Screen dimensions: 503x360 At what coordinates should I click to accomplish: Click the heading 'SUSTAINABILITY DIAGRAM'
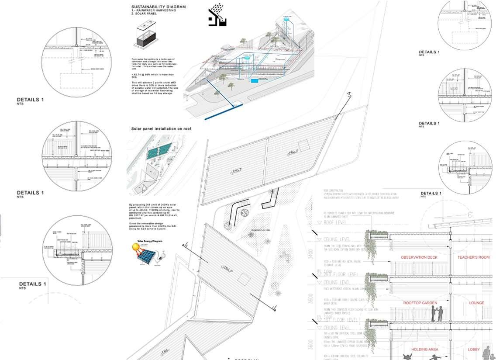coord(158,7)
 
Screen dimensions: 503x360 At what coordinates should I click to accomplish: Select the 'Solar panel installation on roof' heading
coord(161,129)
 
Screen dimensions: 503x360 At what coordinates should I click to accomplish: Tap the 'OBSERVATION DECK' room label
coord(419,257)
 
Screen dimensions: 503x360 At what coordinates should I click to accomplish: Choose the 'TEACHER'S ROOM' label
coord(473,257)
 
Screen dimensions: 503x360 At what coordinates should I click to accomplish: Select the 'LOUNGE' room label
coord(476,303)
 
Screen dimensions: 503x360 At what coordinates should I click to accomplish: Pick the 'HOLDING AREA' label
coord(425,350)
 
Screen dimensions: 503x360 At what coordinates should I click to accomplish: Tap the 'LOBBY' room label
coord(474,350)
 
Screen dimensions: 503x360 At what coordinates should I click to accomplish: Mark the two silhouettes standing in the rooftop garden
coord(437,314)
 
